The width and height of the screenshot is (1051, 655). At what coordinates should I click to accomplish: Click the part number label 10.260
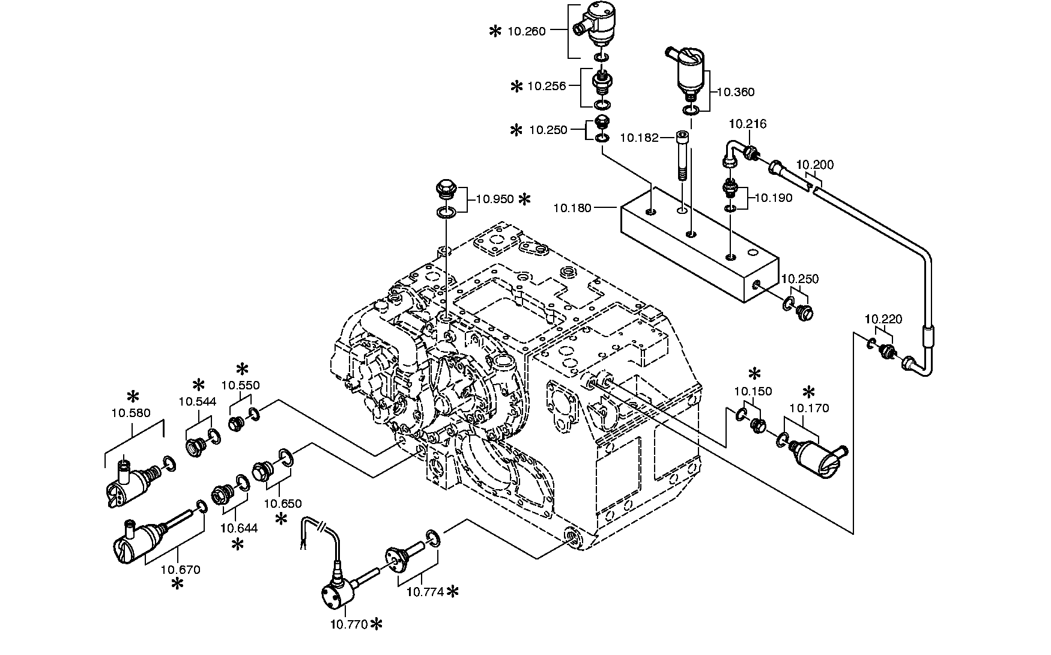click(526, 31)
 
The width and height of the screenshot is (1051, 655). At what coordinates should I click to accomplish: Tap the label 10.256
click(547, 86)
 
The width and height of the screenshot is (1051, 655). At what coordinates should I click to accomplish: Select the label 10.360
click(736, 92)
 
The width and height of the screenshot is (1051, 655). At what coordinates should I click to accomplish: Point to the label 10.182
click(639, 138)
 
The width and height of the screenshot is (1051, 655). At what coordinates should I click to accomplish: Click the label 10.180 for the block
click(572, 208)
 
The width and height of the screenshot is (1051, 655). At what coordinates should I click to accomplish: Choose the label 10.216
click(748, 124)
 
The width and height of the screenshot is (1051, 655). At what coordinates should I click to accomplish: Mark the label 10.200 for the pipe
click(815, 165)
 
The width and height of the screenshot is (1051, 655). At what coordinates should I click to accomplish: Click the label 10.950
click(495, 199)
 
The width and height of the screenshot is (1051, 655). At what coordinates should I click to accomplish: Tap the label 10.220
click(883, 320)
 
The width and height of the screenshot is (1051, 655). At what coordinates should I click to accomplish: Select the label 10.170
click(809, 409)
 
